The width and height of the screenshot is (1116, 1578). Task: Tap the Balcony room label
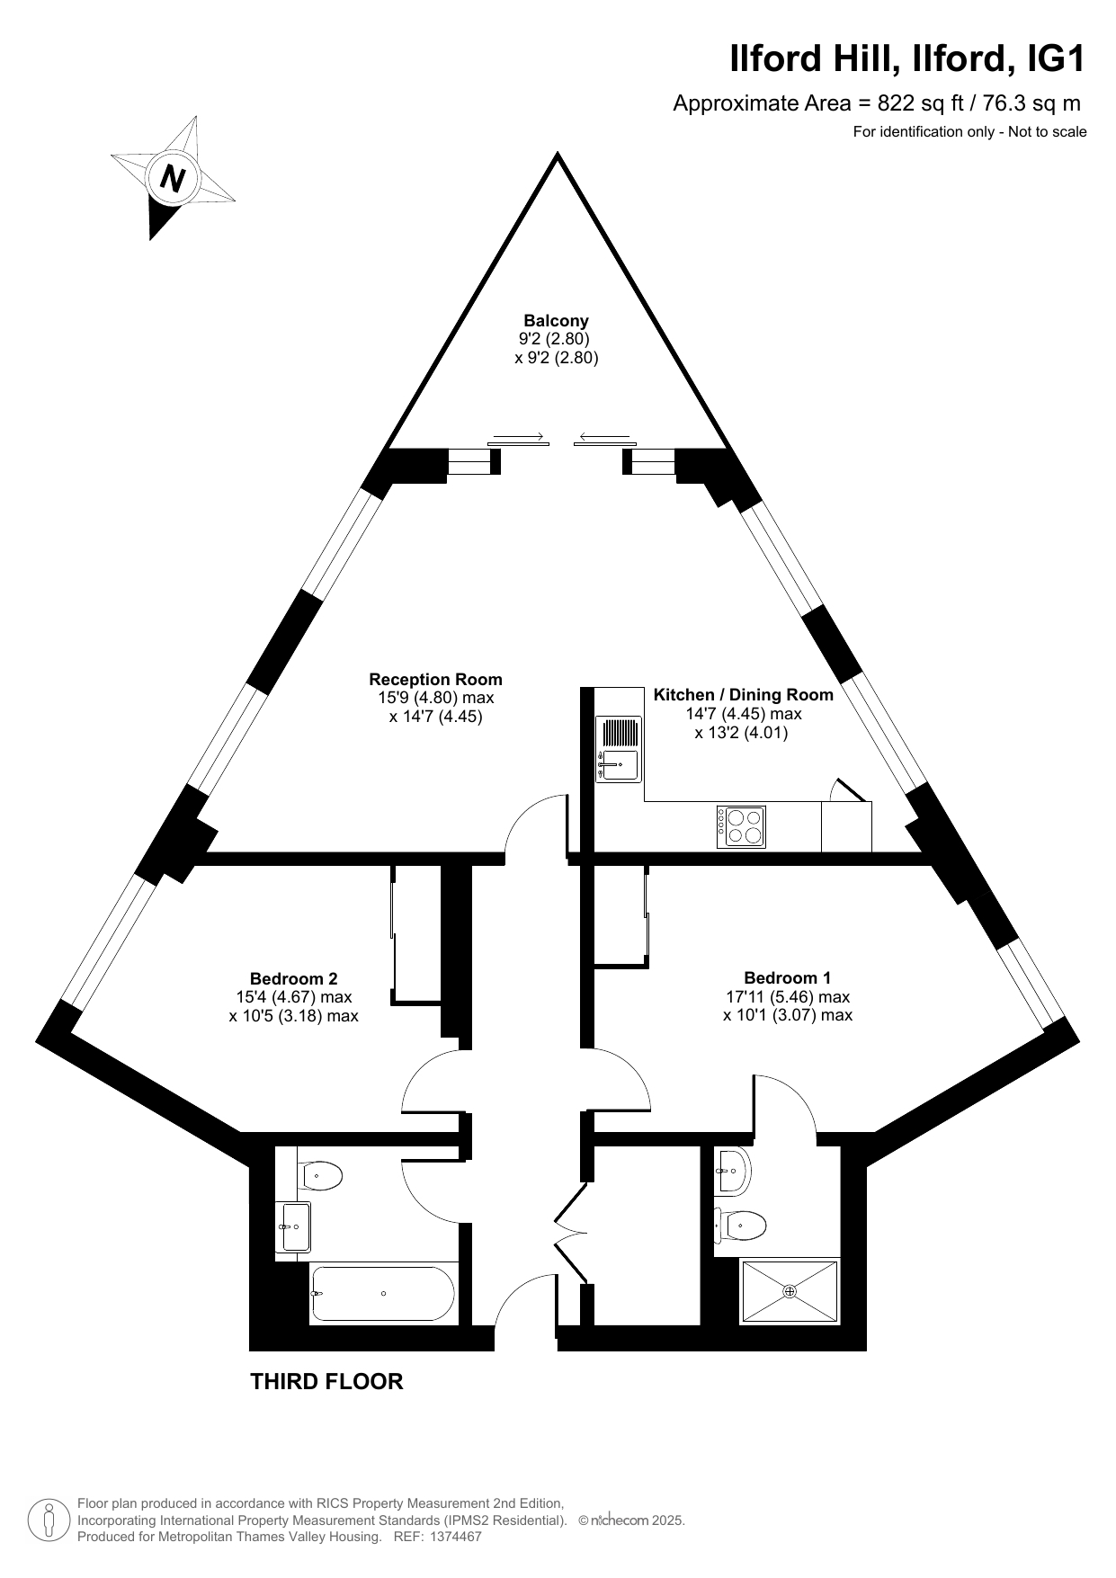pos(557,320)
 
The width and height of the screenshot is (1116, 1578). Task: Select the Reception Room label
pos(436,680)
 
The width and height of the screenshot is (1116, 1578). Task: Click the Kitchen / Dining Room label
pos(744,695)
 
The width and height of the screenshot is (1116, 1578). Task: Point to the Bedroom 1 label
pos(788,978)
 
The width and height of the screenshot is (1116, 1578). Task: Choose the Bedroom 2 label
pos(294,978)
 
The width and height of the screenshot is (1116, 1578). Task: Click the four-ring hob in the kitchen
pos(741,826)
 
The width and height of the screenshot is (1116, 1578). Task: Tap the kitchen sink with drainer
pos(619,748)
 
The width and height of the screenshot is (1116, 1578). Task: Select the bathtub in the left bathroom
pos(383,1294)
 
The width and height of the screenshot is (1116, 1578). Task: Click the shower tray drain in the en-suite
pos(790,1291)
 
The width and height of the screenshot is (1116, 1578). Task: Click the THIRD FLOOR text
pos(326,1381)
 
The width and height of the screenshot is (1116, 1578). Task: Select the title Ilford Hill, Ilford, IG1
pos(907,59)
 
